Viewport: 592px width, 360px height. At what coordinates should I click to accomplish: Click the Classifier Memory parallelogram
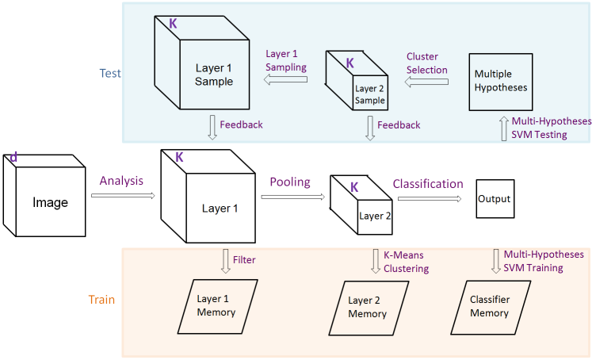(x=489, y=306)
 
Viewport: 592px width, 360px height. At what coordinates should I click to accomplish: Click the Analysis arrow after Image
(x=123, y=193)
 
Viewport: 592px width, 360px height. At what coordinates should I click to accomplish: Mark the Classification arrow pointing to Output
(x=428, y=198)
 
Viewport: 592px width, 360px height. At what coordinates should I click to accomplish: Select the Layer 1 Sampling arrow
(x=286, y=79)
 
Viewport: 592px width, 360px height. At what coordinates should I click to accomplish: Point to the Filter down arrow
(x=225, y=261)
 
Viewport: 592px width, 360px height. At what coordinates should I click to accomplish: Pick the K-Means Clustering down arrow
(x=376, y=261)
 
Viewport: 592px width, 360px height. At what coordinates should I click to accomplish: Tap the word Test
(x=110, y=72)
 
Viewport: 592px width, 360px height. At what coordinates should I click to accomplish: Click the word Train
(x=101, y=300)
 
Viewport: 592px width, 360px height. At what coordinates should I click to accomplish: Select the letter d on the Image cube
(x=13, y=159)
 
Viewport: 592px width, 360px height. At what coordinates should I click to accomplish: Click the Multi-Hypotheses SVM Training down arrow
(x=496, y=260)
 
